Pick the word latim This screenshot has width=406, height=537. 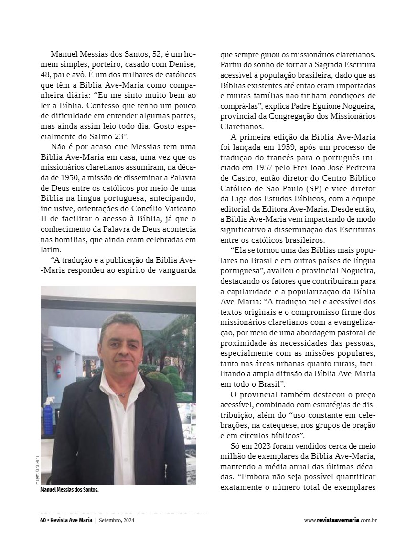point(51,249)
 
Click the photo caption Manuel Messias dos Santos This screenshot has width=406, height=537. point(69,489)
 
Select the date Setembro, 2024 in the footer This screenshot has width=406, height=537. point(116,520)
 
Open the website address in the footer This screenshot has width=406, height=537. point(340,520)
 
